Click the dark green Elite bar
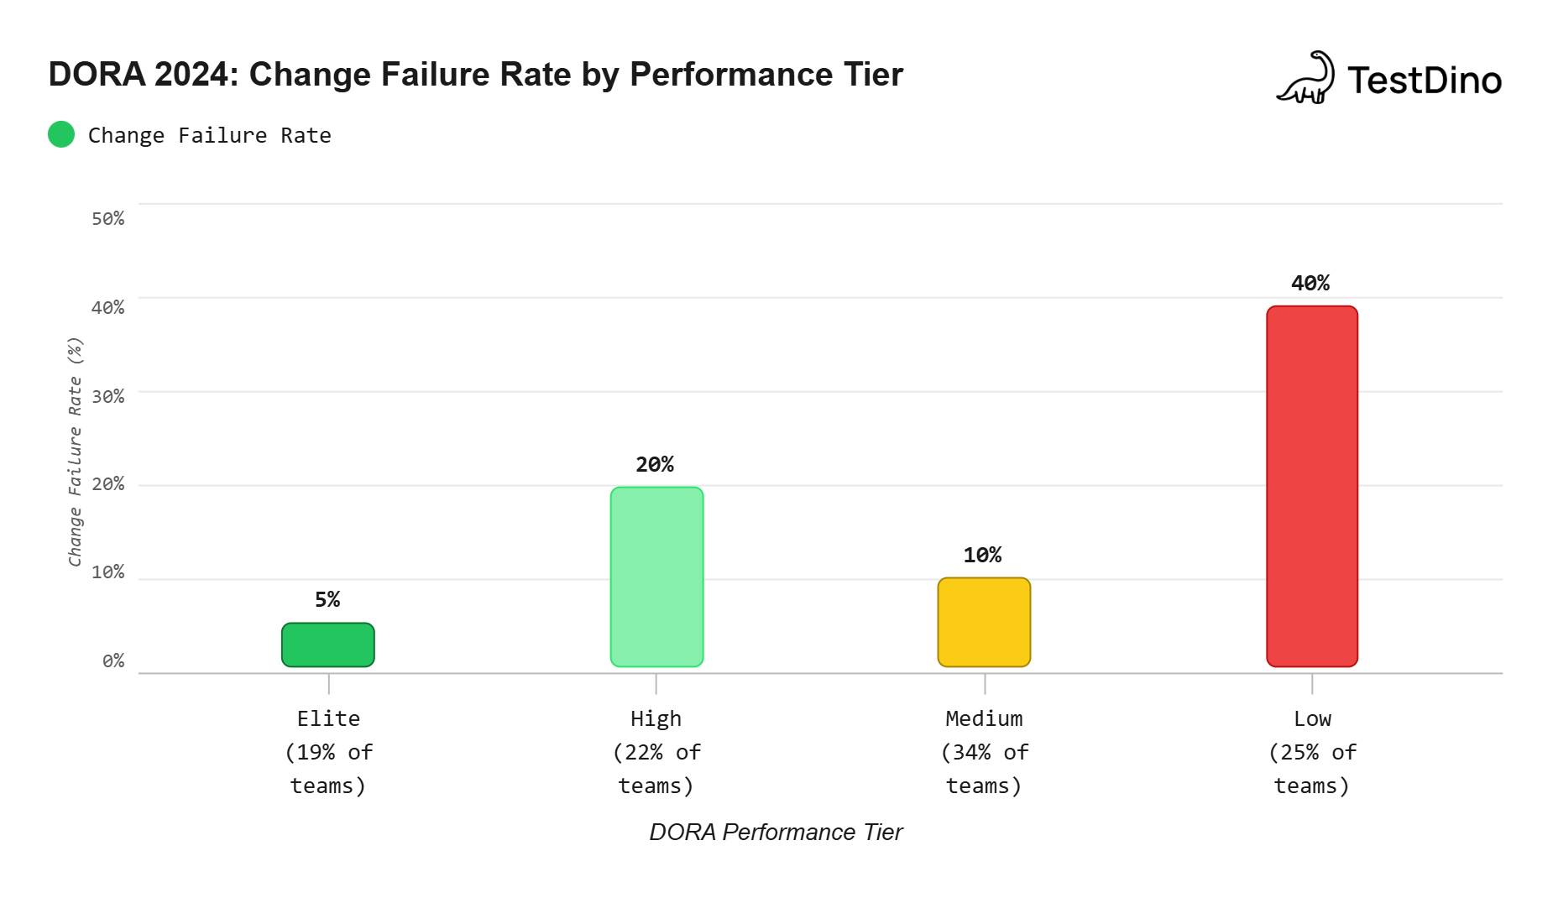click(327, 645)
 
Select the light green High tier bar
click(656, 577)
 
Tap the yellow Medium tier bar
click(984, 622)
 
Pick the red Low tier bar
click(1311, 486)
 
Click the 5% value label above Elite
click(327, 599)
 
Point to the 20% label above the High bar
click(655, 464)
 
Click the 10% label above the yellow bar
click(982, 555)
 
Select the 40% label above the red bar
click(1310, 283)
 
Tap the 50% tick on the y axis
click(108, 219)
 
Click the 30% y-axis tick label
click(108, 396)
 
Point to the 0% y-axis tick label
click(113, 661)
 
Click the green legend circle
click(61, 134)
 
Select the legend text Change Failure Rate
click(209, 135)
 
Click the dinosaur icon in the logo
click(1305, 78)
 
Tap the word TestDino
click(1424, 81)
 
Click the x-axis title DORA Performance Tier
click(776, 832)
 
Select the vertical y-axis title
click(76, 452)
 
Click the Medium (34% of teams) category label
click(984, 752)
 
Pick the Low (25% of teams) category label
click(1311, 752)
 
